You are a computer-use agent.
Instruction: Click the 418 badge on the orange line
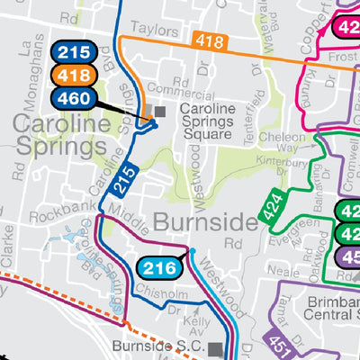[x=209, y=40]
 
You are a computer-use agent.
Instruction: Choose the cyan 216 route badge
[x=159, y=266]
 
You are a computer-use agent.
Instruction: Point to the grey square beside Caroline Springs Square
[x=161, y=111]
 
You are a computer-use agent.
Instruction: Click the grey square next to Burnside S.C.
[x=215, y=347]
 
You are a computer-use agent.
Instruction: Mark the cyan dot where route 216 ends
[x=192, y=250]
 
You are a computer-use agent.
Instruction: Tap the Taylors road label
[x=149, y=30]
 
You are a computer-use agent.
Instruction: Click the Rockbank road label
[x=57, y=217]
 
